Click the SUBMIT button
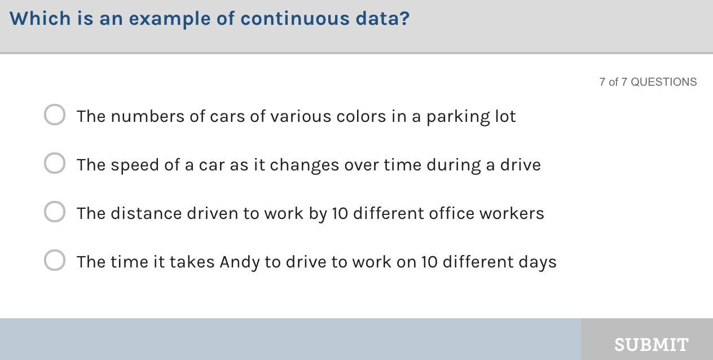[x=647, y=339]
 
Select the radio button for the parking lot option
[x=55, y=115]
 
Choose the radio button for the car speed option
[x=55, y=163]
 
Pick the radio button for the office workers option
[x=55, y=212]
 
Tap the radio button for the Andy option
[x=55, y=260]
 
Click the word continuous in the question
[x=295, y=19]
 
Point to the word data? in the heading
[x=382, y=19]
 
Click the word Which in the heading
[x=40, y=19]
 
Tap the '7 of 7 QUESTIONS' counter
[x=648, y=82]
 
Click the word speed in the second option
[x=135, y=165]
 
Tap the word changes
[x=304, y=165]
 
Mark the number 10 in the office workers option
[x=340, y=214]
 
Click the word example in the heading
[x=170, y=19]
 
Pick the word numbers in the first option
[x=147, y=116]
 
